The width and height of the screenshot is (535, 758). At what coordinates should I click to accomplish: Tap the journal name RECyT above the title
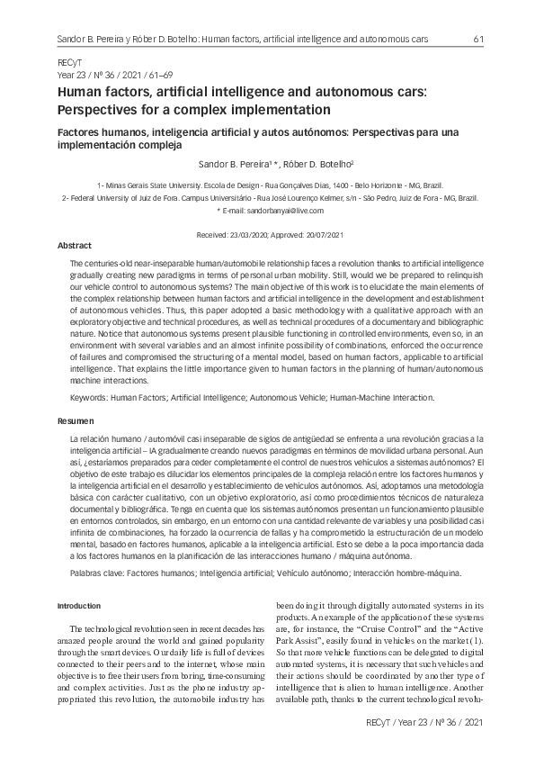pos(68,67)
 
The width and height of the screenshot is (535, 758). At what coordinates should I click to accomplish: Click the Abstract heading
pos(74,245)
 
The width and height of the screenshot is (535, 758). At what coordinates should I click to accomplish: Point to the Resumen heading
pos(74,420)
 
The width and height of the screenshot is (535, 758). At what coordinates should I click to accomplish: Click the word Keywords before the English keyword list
pos(88,396)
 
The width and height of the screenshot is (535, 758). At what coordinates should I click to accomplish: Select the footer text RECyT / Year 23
pos(405,723)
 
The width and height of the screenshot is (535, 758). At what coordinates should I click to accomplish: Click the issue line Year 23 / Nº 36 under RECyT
pos(88,77)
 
